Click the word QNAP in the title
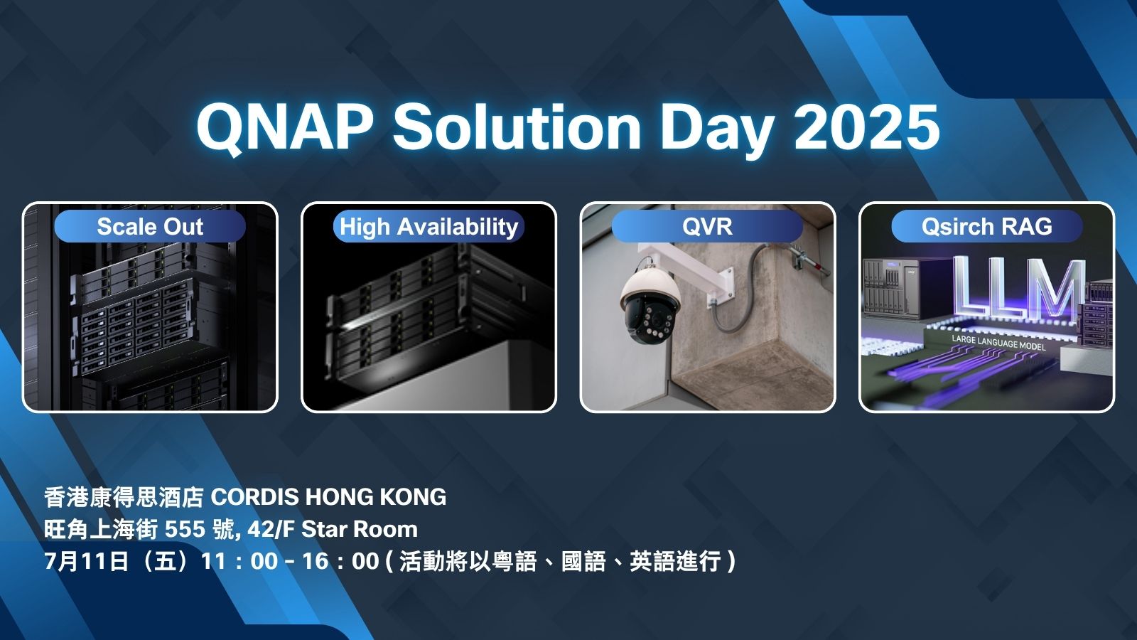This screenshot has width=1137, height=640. (x=285, y=127)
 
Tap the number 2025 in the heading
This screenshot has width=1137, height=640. (x=867, y=127)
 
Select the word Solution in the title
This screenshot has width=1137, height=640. (x=517, y=127)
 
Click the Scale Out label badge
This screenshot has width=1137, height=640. (x=150, y=226)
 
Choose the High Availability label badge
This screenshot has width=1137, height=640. (x=429, y=226)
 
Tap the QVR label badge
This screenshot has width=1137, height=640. (x=707, y=226)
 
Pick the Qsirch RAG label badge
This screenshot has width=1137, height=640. (x=987, y=226)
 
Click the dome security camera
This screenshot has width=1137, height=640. (x=650, y=306)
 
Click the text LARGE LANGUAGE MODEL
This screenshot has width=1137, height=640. (x=998, y=343)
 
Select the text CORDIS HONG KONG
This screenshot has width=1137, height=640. (x=328, y=497)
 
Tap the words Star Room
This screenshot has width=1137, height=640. (x=360, y=529)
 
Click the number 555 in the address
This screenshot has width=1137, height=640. (x=185, y=529)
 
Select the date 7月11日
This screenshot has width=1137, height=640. (x=86, y=561)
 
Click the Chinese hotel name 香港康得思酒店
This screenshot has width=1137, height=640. (x=124, y=497)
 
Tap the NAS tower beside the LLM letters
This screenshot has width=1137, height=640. (x=890, y=289)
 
